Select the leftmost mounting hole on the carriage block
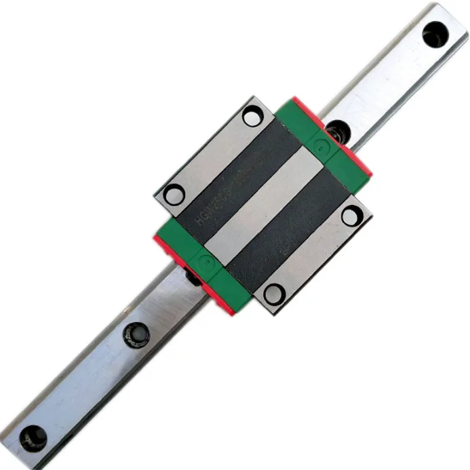[x=174, y=195]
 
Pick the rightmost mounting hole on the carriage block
[x=351, y=216]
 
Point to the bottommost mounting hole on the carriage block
[x=274, y=294]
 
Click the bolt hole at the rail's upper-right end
[x=435, y=33]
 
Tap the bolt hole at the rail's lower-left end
[x=31, y=437]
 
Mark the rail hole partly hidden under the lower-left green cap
[x=192, y=277]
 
